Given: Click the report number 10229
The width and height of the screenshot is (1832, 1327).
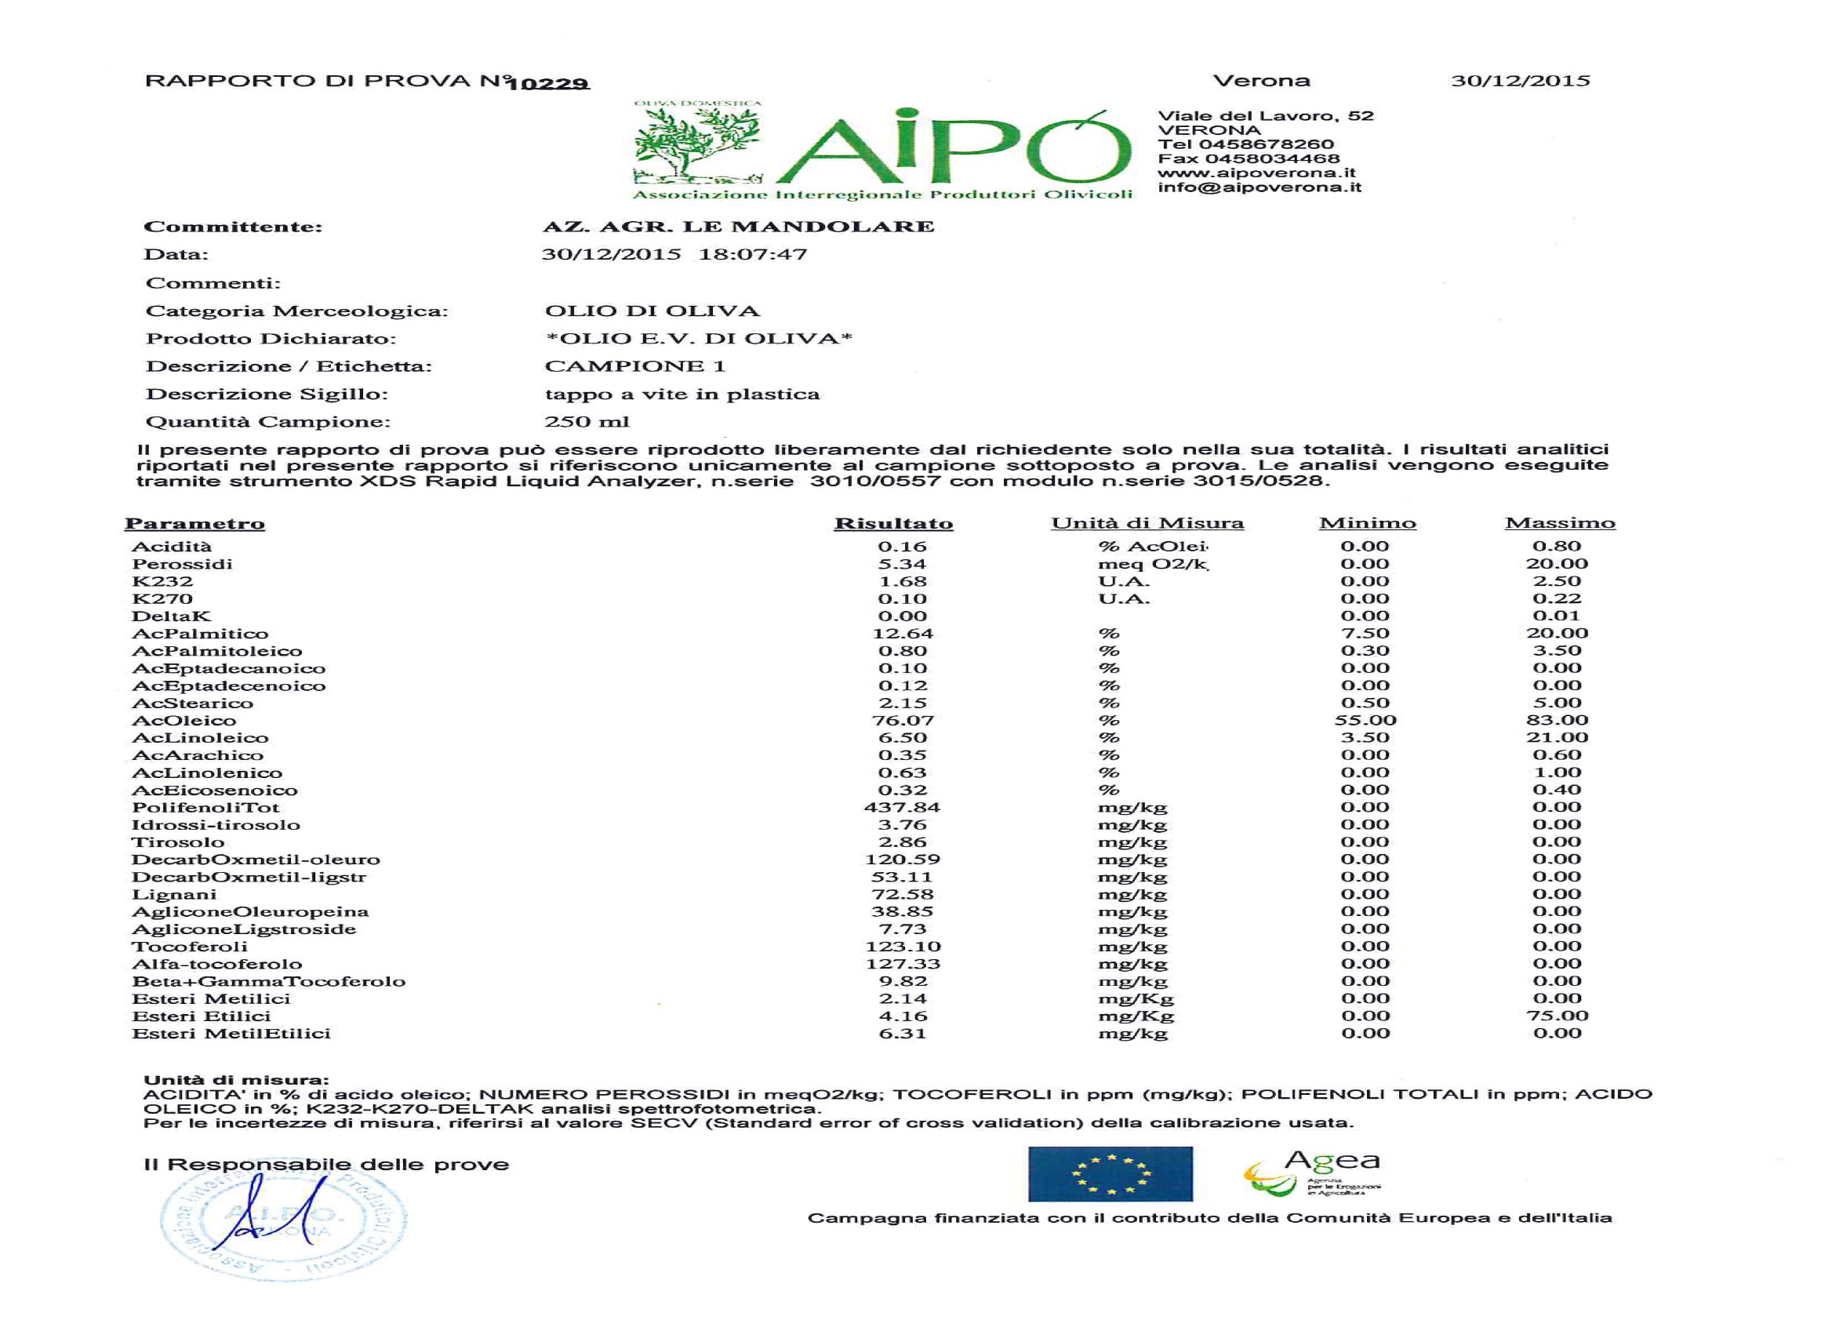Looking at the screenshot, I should pos(548,83).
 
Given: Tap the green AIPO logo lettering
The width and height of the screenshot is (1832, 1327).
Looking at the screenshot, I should pos(953,150).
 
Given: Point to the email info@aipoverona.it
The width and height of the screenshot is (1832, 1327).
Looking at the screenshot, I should pos(1259,187).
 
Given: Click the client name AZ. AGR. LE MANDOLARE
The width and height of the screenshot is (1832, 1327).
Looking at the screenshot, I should pos(738,227).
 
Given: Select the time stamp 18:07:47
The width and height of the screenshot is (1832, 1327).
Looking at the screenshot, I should pos(752,254).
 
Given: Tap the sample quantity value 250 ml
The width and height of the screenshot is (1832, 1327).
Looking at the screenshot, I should pos(587,422).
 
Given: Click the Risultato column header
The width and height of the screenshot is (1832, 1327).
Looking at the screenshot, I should pos(893,523).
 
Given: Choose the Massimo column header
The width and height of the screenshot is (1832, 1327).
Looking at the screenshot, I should pos(1559,523).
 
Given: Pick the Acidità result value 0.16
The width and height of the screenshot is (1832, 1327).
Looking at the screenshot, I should pos(902,547).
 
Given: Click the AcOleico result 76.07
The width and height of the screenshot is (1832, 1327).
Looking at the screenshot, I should pos(902,721).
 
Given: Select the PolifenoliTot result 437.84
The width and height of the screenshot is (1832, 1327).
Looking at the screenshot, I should pos(901,808).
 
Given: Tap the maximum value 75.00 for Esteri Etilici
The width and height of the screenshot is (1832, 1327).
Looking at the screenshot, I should pos(1557,1016).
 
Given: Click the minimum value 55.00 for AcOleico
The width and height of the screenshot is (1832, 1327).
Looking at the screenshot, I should pos(1365,721).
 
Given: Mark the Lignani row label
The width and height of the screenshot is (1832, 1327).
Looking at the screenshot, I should pos(174,895).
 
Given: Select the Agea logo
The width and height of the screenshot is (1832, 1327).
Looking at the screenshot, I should pos(1314,1175).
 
